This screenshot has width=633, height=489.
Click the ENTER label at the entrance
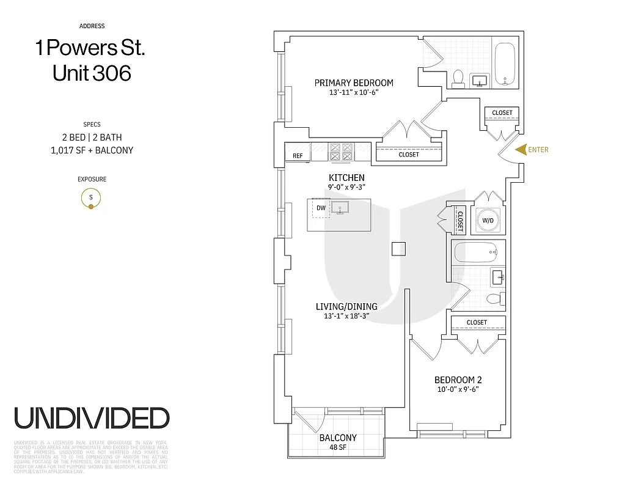[x=538, y=149]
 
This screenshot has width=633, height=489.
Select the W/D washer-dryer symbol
[x=488, y=219]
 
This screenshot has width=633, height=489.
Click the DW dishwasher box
[x=321, y=208]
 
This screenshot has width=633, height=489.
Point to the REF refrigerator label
[x=298, y=156]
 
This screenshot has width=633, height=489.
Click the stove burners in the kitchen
[x=341, y=152]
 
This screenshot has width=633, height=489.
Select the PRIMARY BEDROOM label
[x=354, y=83]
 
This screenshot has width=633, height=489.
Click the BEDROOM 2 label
[x=458, y=380]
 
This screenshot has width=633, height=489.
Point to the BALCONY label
[x=337, y=438]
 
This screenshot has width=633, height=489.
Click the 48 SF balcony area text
[x=337, y=447]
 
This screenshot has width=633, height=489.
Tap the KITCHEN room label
[x=346, y=178]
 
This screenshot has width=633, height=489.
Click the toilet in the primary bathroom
[x=458, y=78]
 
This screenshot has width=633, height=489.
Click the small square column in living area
[x=398, y=249]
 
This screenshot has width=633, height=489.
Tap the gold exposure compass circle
[x=91, y=197]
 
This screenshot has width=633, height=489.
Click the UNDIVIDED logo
[x=92, y=418]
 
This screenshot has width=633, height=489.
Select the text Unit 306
[x=92, y=73]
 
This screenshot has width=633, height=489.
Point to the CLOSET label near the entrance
[x=502, y=113]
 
